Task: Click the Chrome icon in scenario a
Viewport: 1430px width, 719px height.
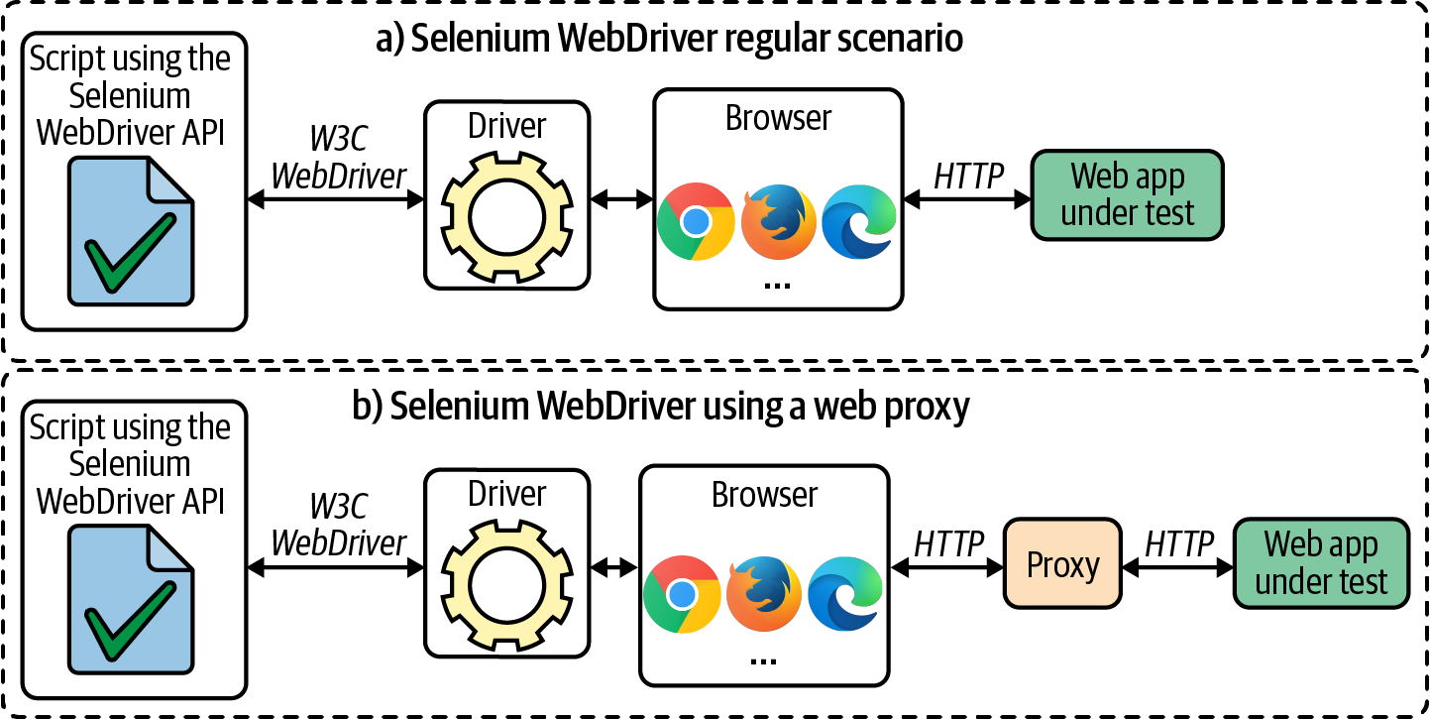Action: pyautogui.click(x=696, y=221)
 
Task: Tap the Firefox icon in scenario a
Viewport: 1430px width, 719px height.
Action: pyautogui.click(x=778, y=221)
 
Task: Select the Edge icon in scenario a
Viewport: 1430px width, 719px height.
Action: pyautogui.click(x=858, y=221)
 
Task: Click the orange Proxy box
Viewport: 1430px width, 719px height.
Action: pyautogui.click(x=1063, y=565)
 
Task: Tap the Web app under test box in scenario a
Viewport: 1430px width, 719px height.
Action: pyautogui.click(x=1128, y=195)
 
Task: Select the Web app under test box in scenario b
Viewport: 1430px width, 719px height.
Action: pyautogui.click(x=1321, y=563)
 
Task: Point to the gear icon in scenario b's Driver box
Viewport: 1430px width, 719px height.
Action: pyautogui.click(x=507, y=581)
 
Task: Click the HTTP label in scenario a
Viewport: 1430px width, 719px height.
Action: pyautogui.click(x=968, y=176)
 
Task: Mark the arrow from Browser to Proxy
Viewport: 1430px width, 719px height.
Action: pyautogui.click(x=948, y=569)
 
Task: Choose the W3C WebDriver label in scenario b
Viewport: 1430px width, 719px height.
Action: pyautogui.click(x=339, y=525)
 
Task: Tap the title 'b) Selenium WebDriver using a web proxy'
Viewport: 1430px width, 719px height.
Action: pyautogui.click(x=659, y=407)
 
